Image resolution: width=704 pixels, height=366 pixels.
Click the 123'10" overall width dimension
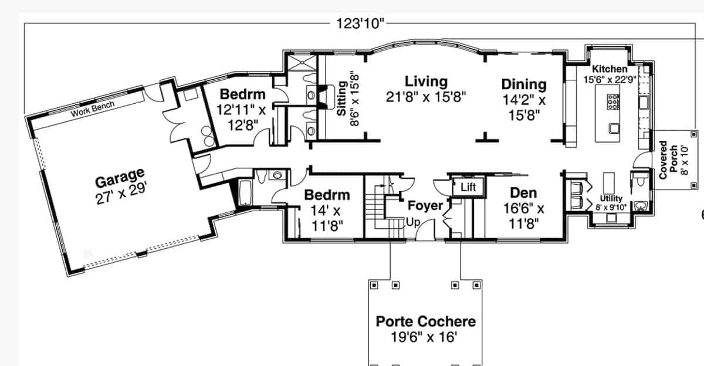click(x=360, y=23)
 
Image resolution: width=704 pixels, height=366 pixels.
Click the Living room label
click(x=426, y=82)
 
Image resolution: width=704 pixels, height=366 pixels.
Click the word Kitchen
click(x=609, y=69)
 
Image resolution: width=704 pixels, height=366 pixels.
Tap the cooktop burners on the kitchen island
click(x=614, y=102)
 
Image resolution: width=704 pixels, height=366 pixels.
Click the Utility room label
click(x=611, y=199)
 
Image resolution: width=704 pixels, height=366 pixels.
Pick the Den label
click(x=523, y=193)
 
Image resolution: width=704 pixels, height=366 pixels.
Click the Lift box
click(x=468, y=188)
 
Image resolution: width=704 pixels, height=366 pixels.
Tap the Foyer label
click(x=425, y=206)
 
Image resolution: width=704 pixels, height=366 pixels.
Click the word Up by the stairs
click(x=412, y=223)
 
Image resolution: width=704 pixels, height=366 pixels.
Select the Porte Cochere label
click(x=425, y=321)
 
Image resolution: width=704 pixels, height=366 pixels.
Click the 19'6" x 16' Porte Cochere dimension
click(x=424, y=337)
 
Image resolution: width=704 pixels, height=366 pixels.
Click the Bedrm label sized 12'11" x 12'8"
click(x=242, y=94)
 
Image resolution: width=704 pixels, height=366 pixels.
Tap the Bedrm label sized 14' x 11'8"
click(x=327, y=195)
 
